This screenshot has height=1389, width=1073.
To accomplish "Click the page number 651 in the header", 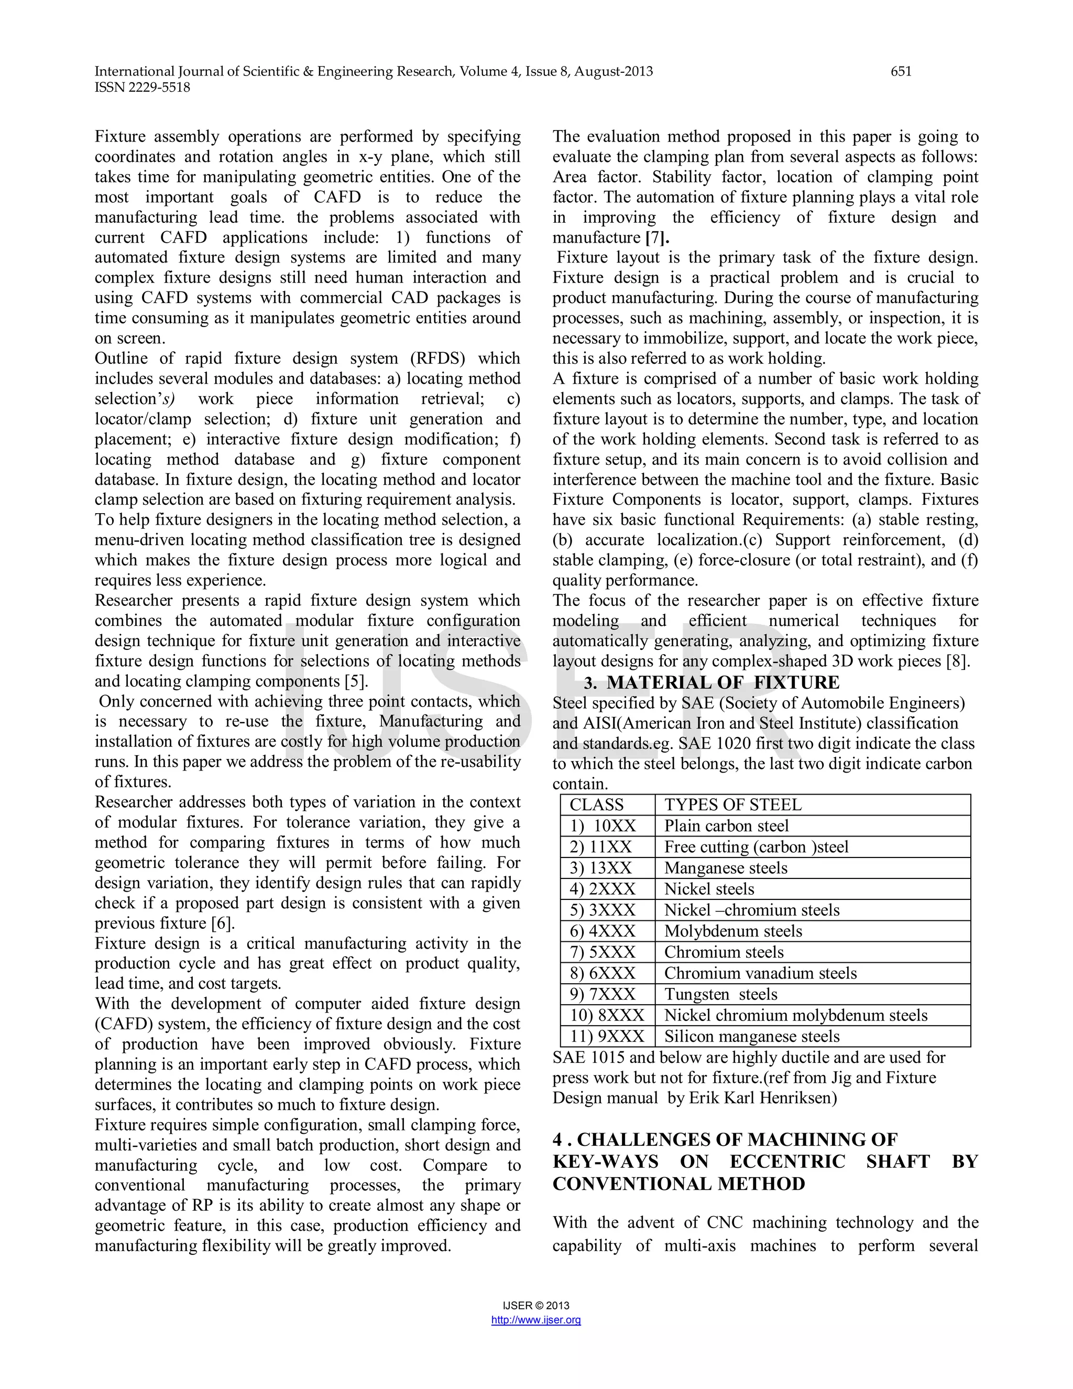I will point(901,71).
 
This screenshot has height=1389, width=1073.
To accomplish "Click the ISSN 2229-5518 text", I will point(143,88).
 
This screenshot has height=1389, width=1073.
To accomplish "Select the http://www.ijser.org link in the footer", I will point(536,1320).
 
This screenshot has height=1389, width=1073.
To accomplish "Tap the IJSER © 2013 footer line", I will point(536,1306).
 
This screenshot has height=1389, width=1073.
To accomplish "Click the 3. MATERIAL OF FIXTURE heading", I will point(711,682).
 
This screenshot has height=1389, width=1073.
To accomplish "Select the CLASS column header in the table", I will point(597,805).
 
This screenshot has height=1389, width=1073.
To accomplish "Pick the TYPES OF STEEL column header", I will point(733,805).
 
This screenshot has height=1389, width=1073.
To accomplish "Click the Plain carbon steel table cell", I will point(727,826).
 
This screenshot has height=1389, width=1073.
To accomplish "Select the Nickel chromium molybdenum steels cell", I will point(796,1015).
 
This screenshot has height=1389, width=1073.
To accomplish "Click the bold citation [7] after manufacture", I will point(656,238).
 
